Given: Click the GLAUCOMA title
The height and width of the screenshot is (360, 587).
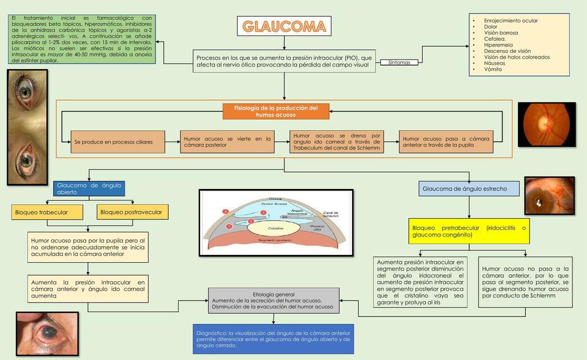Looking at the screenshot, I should [x=284, y=26].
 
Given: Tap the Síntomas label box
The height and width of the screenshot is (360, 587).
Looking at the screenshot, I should [x=400, y=62].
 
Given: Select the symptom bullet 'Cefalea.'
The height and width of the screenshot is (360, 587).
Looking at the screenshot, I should [x=495, y=39].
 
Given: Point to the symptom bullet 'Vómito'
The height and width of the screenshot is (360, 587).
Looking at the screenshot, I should [x=493, y=69].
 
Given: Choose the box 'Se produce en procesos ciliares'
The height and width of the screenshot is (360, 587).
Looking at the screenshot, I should [x=118, y=142].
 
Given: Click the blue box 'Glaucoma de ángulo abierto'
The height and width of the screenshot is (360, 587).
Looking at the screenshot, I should [x=88, y=188].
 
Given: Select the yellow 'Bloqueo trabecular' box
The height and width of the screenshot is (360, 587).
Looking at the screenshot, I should [x=47, y=212].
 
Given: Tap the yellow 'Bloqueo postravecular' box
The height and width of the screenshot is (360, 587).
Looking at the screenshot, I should [x=133, y=212].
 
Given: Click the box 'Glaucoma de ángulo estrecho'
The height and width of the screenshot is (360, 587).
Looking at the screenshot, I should [x=469, y=189].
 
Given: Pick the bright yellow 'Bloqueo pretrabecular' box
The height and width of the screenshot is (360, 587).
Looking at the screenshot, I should [x=469, y=231].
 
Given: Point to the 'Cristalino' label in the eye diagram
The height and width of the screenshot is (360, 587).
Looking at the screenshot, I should [x=275, y=229].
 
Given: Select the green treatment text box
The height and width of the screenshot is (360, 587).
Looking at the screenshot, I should [x=83, y=39].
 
